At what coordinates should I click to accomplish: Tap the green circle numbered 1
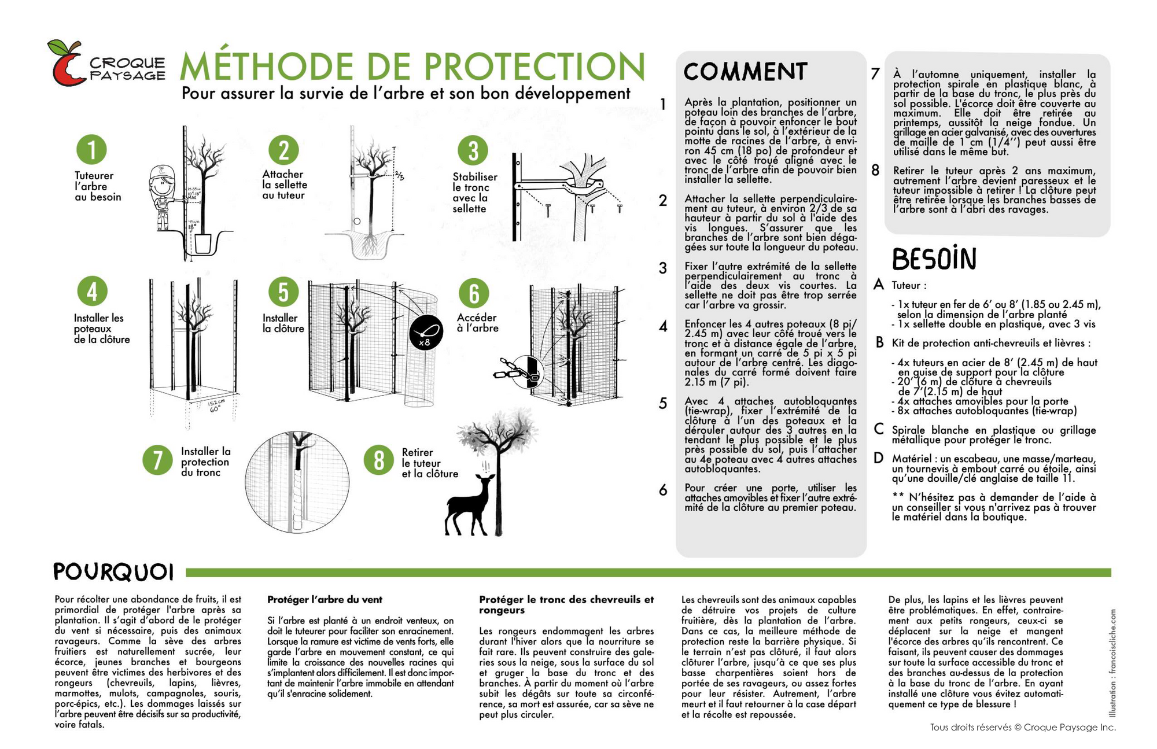coord(91,149)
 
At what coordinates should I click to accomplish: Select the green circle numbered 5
coord(283,292)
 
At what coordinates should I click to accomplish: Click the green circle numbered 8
coord(379,460)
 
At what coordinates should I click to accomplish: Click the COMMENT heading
coord(745,72)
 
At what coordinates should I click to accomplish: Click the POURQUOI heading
coord(113,572)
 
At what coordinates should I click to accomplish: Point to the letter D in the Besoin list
coord(878,459)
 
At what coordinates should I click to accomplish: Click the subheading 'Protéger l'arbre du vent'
coord(325,600)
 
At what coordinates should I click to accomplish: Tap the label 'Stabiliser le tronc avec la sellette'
coord(474,193)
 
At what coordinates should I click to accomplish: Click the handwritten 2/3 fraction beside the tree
coord(400,175)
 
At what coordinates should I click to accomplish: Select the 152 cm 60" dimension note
coord(217,405)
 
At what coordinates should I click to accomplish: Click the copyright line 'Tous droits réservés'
coord(1022,727)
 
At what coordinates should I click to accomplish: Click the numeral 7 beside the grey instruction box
coord(875,74)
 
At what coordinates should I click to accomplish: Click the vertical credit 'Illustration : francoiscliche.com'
coord(1111,662)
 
